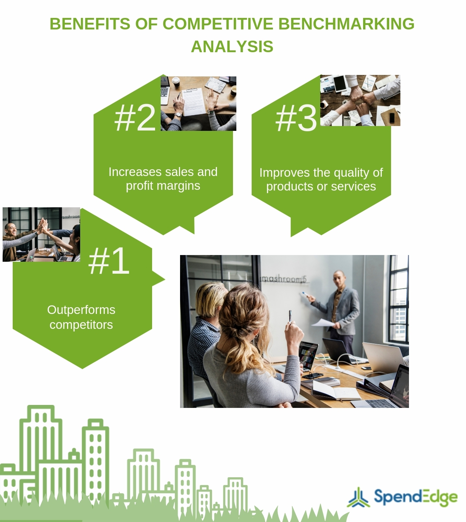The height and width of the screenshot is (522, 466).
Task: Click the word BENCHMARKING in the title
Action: pyautogui.click(x=346, y=24)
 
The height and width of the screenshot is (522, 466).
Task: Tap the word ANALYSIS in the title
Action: pyautogui.click(x=232, y=47)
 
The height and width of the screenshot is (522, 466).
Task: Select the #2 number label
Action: pyautogui.click(x=135, y=118)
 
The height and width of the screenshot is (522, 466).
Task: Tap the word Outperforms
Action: pyautogui.click(x=81, y=310)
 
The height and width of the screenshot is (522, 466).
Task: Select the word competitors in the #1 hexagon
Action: pyautogui.click(x=81, y=325)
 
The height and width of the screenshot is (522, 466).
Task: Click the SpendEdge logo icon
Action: pyautogui.click(x=358, y=497)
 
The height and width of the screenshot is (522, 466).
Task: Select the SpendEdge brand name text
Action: pyautogui.click(x=415, y=497)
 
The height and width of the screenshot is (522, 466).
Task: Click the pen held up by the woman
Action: pyautogui.click(x=290, y=316)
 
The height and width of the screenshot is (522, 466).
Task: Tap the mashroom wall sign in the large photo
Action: pyautogui.click(x=283, y=279)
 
